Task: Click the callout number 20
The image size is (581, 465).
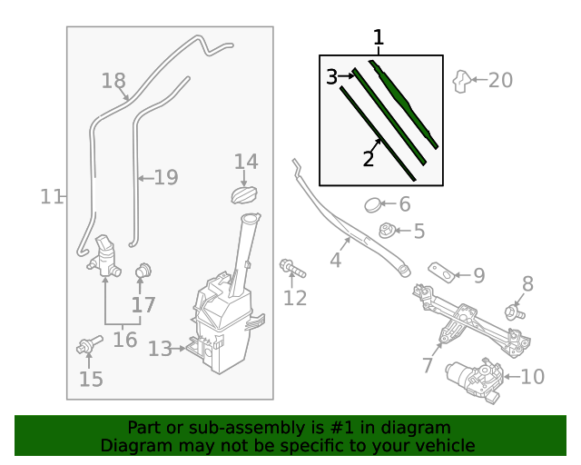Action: coord(500,81)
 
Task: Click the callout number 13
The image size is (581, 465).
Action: coord(160,349)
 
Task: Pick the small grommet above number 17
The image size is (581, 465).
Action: coord(142,271)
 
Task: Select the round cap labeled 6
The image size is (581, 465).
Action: coord(374,205)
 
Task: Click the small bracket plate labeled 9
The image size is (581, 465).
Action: coord(442,272)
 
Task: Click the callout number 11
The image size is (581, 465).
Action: coord(51,196)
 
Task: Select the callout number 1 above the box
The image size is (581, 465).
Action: coord(379,38)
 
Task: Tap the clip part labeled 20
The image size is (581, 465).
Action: coord(462,82)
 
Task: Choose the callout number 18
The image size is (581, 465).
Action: coord(113,82)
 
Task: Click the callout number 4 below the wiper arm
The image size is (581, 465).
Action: coord(335,261)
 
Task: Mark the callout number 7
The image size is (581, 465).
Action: coord(428,366)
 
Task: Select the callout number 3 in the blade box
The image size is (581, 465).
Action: coord(332,77)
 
